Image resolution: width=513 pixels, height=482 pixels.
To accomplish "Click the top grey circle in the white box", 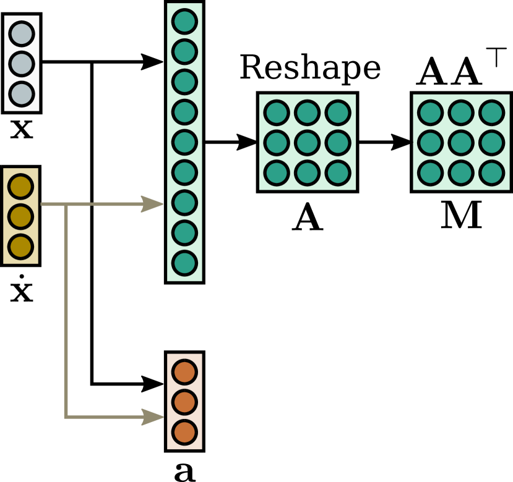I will [x=22, y=33].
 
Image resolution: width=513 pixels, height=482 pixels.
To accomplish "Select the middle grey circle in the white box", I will [x=22, y=64].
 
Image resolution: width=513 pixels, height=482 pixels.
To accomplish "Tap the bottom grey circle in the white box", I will [x=22, y=94].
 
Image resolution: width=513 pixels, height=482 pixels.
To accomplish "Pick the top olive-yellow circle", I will [x=20, y=186].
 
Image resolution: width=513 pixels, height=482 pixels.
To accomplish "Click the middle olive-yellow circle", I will [x=20, y=216].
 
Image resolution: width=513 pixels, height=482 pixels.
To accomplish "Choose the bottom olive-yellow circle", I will [x=20, y=247].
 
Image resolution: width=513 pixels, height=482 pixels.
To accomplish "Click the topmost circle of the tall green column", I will [x=184, y=21].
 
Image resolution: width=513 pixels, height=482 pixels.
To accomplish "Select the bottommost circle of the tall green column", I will [x=184, y=263].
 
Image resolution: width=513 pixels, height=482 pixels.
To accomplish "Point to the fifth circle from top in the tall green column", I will [x=184, y=142].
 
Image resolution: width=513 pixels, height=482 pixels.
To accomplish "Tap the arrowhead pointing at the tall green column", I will [x=153, y=204].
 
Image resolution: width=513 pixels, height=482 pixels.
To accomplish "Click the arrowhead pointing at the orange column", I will [x=153, y=416].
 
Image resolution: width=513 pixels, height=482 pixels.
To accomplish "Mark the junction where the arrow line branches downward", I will [x=66, y=204].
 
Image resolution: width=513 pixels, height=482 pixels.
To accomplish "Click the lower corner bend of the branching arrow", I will [x=66, y=416].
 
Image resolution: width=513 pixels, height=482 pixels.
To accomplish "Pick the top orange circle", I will [x=184, y=372].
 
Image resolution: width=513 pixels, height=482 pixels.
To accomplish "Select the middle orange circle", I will [x=184, y=402].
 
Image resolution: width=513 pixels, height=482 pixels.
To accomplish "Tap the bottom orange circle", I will [x=184, y=432].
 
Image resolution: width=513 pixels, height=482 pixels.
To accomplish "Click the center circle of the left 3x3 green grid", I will [x=307, y=142].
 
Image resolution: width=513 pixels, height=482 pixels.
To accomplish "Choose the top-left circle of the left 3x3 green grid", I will [x=277, y=112].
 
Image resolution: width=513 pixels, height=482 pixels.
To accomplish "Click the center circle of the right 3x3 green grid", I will [x=461, y=142].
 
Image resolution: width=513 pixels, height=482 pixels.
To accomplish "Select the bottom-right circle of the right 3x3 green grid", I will [x=491, y=172].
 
